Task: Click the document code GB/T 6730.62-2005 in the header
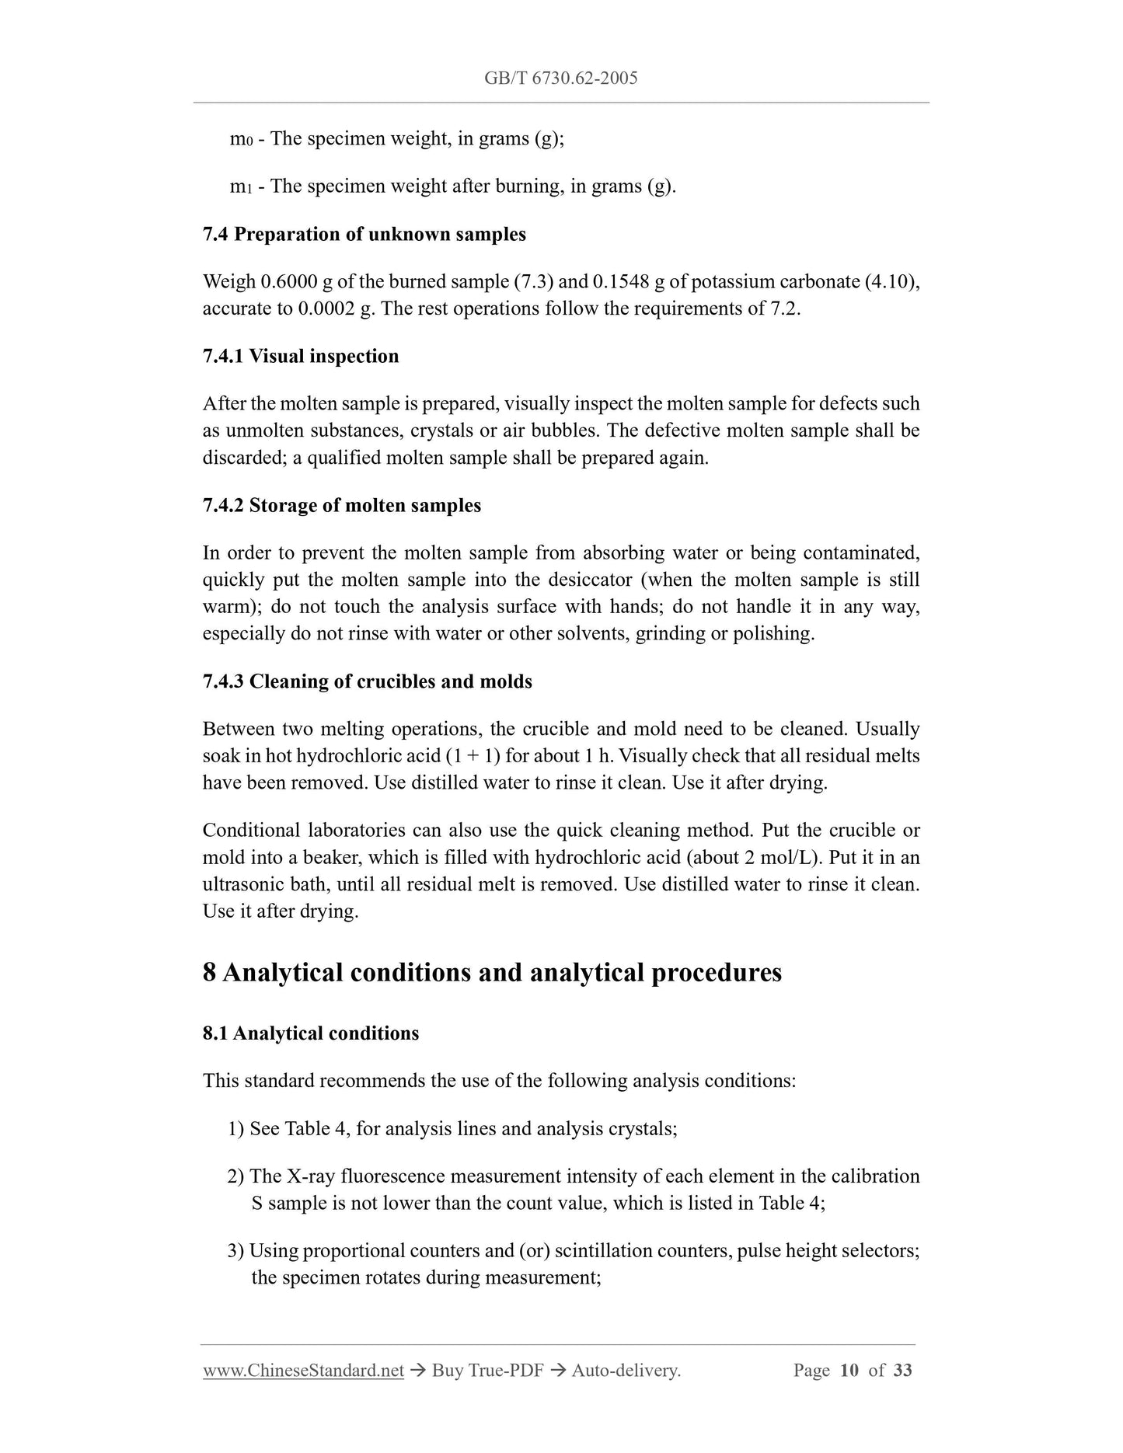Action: tap(560, 78)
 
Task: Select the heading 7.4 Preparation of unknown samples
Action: tap(364, 234)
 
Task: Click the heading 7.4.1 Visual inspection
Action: tap(301, 356)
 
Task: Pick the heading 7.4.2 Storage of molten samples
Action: tap(342, 505)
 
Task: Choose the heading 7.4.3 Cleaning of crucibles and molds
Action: tap(368, 681)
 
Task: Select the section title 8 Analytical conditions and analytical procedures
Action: tap(492, 972)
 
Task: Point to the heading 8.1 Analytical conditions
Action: tap(311, 1033)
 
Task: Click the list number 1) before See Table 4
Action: tap(236, 1128)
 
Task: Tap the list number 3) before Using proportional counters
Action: tap(236, 1251)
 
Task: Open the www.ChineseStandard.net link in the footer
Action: tap(303, 1371)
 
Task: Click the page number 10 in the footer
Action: tap(849, 1371)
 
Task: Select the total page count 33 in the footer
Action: tap(902, 1371)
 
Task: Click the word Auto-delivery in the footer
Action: tap(626, 1371)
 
